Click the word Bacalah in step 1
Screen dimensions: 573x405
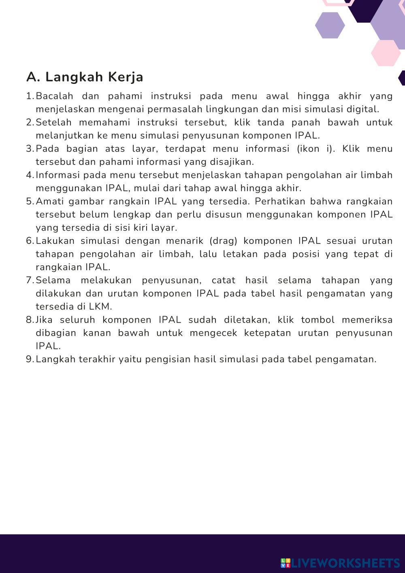click(55, 96)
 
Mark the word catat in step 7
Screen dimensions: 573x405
click(224, 280)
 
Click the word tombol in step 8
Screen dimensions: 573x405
click(318, 320)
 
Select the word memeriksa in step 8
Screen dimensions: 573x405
click(367, 320)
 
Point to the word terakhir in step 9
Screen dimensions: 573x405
click(97, 359)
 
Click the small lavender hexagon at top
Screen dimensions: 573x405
click(330, 25)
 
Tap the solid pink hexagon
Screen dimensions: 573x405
click(386, 53)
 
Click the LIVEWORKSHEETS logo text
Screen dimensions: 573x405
click(344, 563)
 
